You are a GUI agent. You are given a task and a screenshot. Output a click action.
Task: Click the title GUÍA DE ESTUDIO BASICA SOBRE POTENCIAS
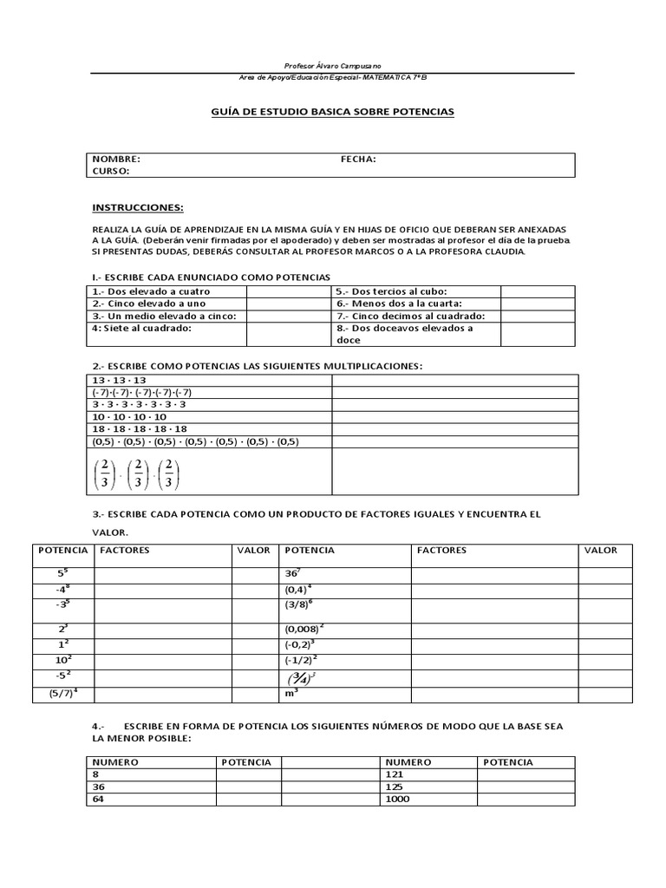(332, 112)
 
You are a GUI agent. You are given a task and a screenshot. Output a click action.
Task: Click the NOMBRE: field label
(116, 160)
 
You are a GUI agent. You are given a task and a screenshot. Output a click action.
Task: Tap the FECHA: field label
(358, 160)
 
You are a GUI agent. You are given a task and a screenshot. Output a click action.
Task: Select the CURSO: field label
(111, 171)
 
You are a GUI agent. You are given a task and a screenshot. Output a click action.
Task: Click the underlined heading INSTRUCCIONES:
(138, 208)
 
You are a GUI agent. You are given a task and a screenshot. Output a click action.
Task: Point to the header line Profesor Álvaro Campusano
(332, 67)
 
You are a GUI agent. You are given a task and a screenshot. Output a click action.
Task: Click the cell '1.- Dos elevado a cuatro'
(140, 291)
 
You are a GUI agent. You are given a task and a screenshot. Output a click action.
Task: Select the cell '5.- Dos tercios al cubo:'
(386, 291)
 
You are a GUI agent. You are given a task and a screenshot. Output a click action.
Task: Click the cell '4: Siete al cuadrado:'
(140, 329)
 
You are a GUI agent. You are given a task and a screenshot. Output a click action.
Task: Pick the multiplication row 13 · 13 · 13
(119, 380)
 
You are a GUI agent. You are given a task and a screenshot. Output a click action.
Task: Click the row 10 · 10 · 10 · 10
(129, 416)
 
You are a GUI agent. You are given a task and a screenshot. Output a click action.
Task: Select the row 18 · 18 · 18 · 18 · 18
(139, 428)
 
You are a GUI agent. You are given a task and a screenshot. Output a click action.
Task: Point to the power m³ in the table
(291, 694)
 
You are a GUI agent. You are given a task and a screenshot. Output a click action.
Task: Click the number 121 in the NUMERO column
(395, 774)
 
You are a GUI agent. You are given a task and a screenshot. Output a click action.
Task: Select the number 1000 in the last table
(399, 799)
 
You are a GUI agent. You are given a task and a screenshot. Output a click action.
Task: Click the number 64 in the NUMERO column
(98, 799)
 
